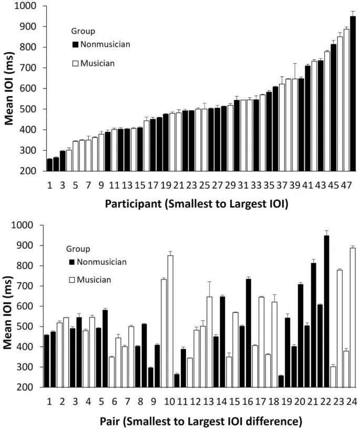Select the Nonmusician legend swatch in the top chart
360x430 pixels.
pos(75,44)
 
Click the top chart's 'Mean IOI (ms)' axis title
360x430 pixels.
pos(10,88)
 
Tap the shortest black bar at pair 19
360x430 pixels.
pos(281,382)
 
